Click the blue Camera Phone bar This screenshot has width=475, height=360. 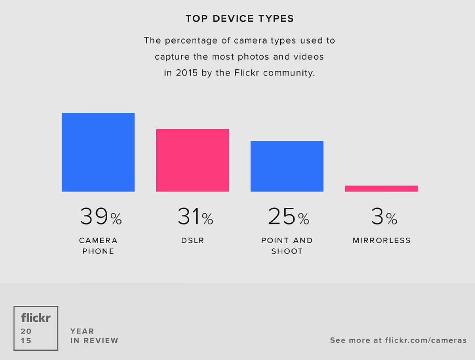[98, 152]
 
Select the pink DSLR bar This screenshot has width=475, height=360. [192, 160]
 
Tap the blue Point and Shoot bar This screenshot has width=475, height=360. [287, 166]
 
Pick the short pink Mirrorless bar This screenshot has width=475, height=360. [381, 189]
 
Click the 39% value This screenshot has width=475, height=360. [101, 216]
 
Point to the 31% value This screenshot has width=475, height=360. [195, 216]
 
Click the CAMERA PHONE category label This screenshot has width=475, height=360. [98, 246]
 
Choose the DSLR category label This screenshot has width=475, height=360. [192, 241]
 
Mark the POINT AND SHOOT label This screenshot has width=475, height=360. [287, 246]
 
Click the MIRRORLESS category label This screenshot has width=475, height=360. [382, 241]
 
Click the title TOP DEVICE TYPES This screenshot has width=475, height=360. [240, 19]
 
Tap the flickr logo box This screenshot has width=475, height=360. [36, 328]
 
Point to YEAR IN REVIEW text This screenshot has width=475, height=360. [94, 336]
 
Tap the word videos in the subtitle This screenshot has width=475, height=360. [308, 57]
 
